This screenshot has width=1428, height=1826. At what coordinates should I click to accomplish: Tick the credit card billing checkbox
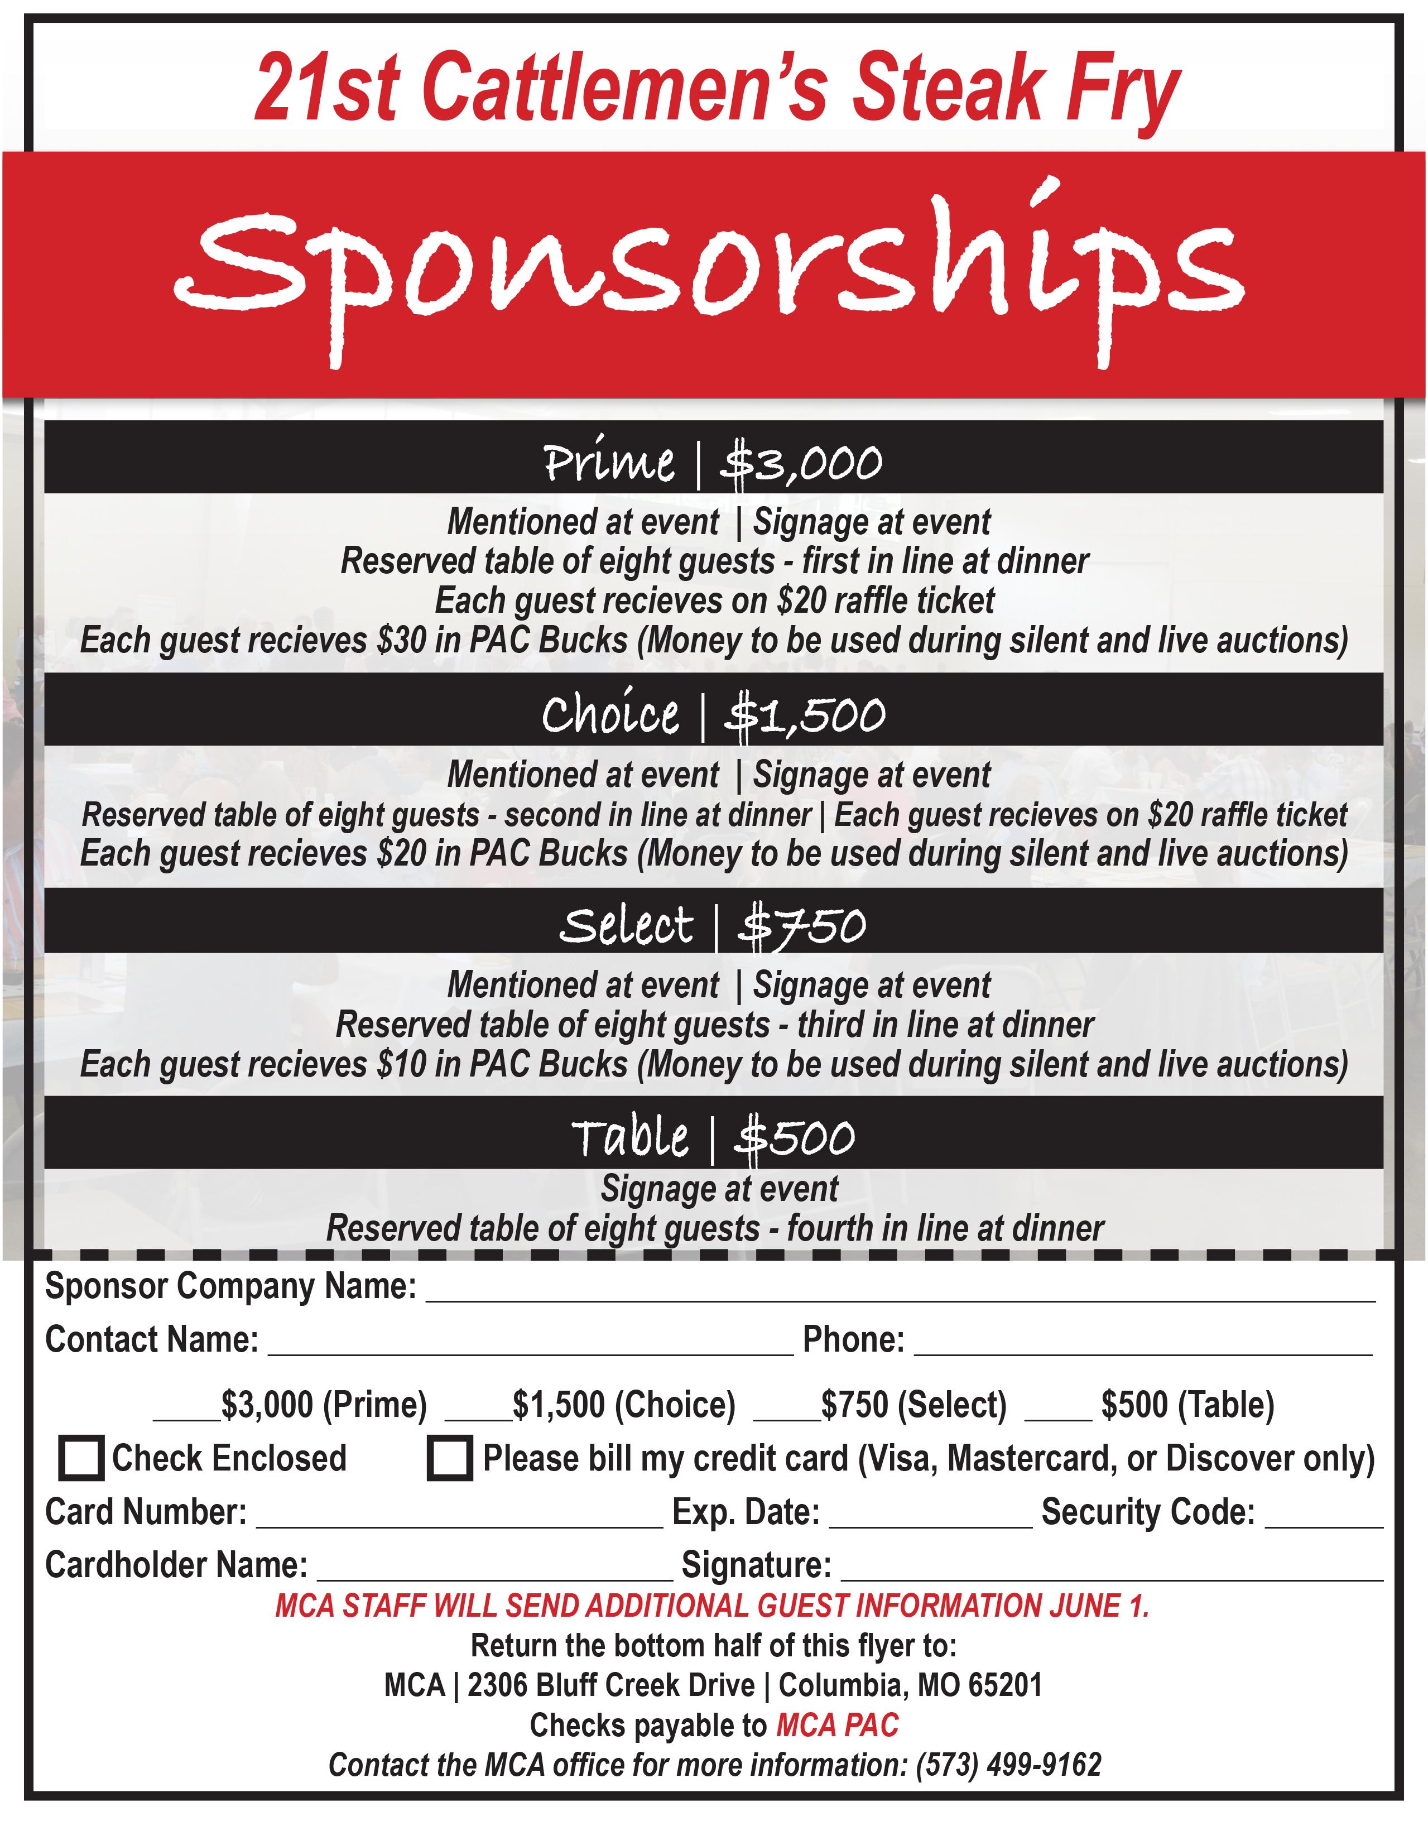[x=450, y=1458]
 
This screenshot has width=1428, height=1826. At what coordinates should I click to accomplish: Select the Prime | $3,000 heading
[x=713, y=462]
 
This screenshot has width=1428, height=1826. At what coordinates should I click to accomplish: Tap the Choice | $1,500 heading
[x=713, y=715]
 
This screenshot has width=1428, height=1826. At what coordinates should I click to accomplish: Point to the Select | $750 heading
[x=713, y=925]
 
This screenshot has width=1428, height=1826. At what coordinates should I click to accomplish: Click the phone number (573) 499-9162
[x=1008, y=1765]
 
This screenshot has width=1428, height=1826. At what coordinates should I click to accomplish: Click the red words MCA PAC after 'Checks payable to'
[x=838, y=1726]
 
